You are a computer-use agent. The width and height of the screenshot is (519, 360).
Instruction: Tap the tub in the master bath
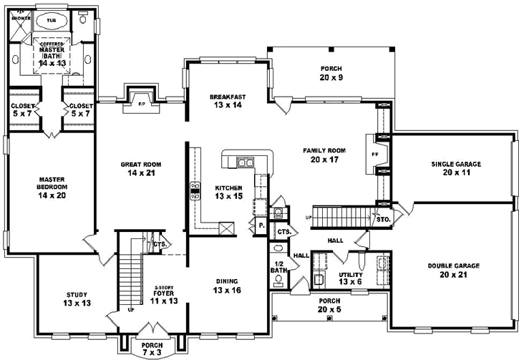click(51, 21)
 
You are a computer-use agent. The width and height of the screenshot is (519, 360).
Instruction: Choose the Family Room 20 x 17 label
click(324, 155)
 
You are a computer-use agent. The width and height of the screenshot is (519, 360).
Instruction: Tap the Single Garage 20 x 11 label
click(456, 168)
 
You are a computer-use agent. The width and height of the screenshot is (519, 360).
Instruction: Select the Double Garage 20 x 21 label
click(454, 270)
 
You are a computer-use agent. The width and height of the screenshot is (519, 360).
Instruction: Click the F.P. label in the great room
click(140, 104)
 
